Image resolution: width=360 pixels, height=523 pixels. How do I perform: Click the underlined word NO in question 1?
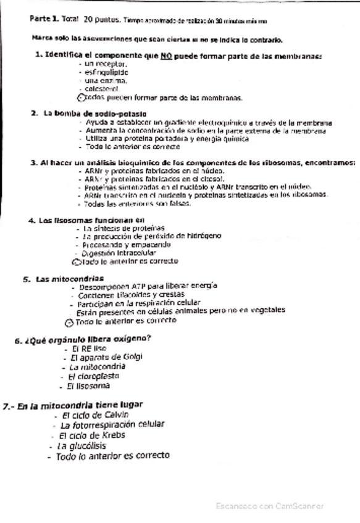click(x=165, y=56)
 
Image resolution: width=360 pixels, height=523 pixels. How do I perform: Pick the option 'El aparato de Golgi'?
click(x=99, y=358)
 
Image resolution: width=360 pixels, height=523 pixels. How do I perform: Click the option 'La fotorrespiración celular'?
click(x=113, y=425)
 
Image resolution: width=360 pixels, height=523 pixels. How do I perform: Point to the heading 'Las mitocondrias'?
click(x=69, y=279)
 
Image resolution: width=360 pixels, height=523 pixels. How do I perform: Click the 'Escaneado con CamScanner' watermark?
click(x=269, y=506)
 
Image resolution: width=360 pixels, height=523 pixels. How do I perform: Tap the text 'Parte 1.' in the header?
click(x=43, y=19)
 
